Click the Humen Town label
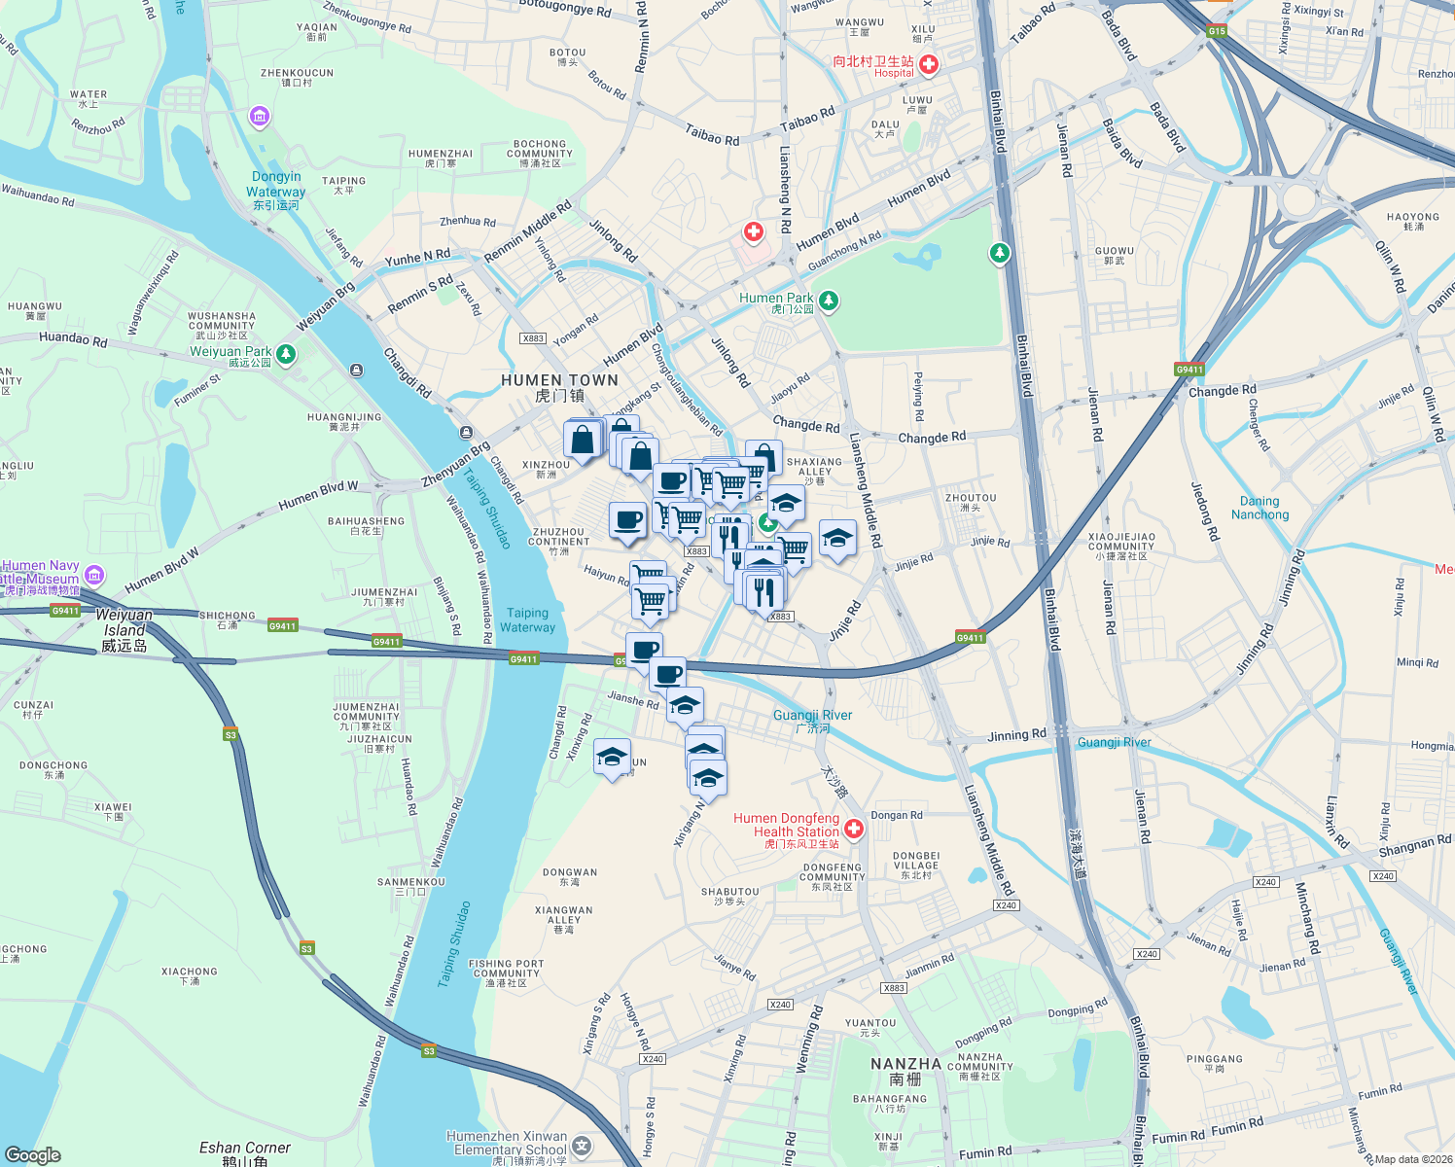coord(559,387)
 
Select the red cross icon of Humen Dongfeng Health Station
coord(854,829)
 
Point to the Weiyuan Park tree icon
coord(286,354)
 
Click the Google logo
coord(32,1155)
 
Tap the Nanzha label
coord(905,1071)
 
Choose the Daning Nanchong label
coord(1260,508)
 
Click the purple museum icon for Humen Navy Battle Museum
coord(94,573)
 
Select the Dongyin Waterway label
coord(276,190)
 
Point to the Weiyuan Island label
coord(124,629)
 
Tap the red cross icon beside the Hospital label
coord(929,65)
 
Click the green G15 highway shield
coord(1217,31)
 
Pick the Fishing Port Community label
coord(506,972)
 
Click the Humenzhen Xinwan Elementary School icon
coord(582,1147)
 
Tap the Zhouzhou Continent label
coord(559,541)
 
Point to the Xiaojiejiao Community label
coord(1121,546)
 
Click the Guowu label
coord(1114,255)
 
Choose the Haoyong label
coord(1412,222)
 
